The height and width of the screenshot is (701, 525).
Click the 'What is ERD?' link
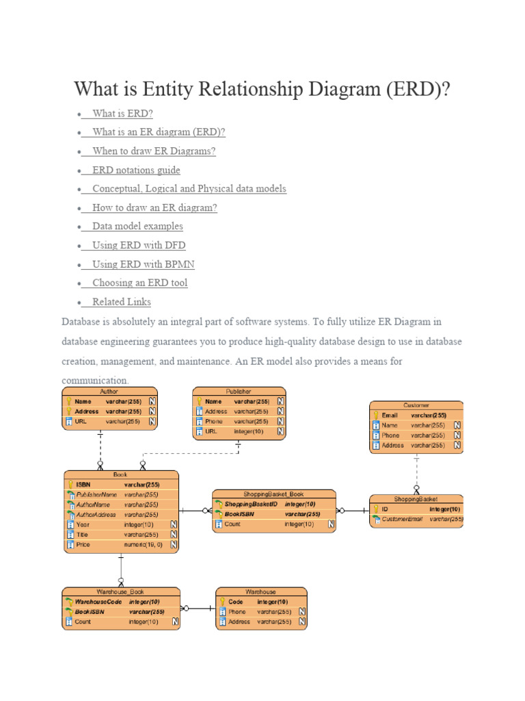(122, 114)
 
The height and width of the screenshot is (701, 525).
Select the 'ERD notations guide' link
(136, 170)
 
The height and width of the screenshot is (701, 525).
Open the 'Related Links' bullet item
(121, 302)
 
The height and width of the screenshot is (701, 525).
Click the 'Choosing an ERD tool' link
(139, 283)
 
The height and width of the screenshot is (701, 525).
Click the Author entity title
(109, 392)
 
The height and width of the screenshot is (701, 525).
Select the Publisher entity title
(238, 392)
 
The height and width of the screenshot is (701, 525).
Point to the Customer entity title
(416, 405)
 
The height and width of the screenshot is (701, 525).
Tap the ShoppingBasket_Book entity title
(273, 494)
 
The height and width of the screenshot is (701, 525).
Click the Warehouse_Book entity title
(120, 591)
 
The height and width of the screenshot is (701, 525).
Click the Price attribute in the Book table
(83, 545)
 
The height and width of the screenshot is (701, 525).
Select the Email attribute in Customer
(390, 415)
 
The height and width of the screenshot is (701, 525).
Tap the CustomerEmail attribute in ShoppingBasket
(402, 519)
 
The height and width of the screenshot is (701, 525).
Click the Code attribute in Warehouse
(236, 602)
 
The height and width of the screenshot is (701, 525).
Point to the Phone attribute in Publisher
(214, 422)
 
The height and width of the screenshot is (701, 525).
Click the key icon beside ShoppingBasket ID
(375, 509)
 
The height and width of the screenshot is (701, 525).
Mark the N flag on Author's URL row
(152, 422)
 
